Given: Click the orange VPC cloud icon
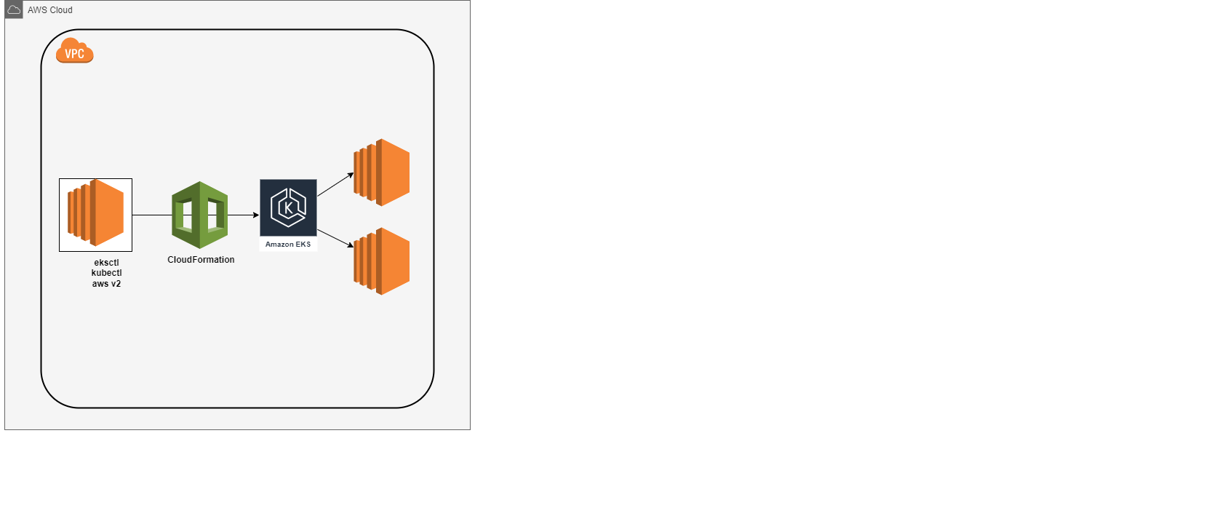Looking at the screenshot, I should [74, 51].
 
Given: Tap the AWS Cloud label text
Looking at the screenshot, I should [49, 10].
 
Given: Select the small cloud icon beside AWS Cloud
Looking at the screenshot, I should [14, 9].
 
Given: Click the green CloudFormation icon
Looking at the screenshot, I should [199, 215].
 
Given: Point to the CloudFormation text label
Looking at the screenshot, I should [201, 260].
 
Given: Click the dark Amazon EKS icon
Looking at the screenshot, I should [288, 207].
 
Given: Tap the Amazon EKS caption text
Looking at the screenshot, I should [288, 245].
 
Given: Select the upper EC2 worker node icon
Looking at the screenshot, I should [382, 172].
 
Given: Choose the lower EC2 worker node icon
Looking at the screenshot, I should [382, 261].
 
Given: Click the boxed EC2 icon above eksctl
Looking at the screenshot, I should [95, 215].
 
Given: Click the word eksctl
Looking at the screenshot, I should [106, 263].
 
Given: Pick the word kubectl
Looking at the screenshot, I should [106, 273].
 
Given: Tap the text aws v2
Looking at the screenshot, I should [106, 284].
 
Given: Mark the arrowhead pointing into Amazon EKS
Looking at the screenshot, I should [256, 215].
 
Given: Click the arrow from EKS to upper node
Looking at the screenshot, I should [335, 185].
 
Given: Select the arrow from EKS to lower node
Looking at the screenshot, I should [335, 239].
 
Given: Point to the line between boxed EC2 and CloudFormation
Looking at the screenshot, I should [151, 215].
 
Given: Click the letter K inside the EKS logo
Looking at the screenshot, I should [288, 207].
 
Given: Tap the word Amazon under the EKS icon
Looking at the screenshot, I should [279, 245].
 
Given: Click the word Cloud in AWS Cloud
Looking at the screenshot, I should [60, 10].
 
